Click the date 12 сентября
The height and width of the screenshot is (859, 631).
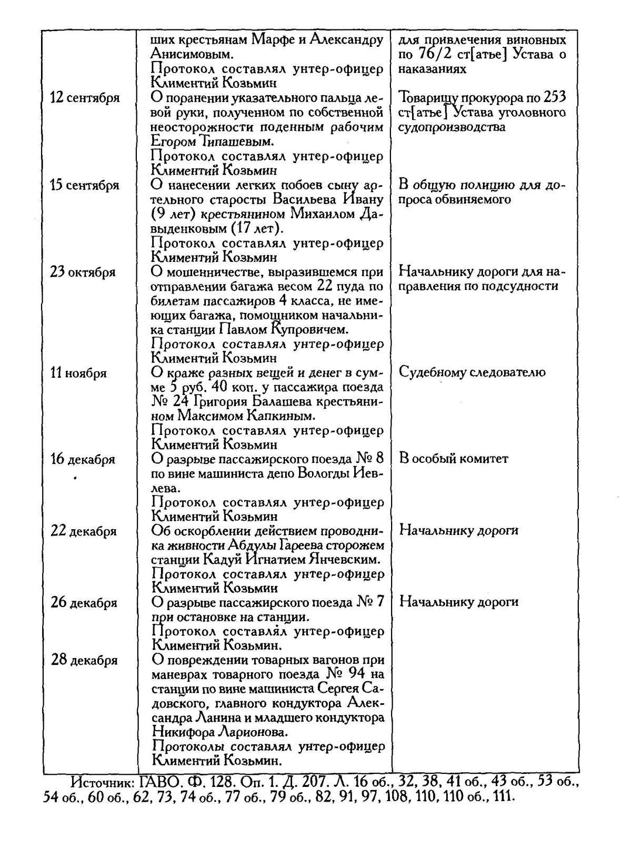(x=85, y=98)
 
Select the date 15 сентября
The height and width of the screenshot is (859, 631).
(x=85, y=186)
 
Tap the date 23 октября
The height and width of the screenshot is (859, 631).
(x=83, y=272)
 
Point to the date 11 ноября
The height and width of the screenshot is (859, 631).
(x=78, y=373)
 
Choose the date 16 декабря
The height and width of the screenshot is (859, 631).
(x=83, y=460)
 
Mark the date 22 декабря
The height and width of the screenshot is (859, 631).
(x=83, y=531)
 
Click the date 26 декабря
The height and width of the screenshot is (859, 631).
(x=84, y=603)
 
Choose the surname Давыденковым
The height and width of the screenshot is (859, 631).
(x=217, y=229)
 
